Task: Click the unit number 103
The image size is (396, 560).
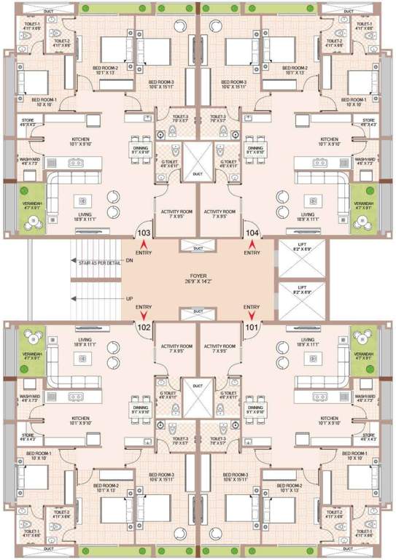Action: [x=144, y=233]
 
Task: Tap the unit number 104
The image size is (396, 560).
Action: [x=252, y=233]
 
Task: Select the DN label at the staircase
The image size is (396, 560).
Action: [x=129, y=260]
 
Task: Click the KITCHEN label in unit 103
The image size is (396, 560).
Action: [x=80, y=139]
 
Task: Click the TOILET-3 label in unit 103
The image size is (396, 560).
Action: [x=177, y=117]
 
